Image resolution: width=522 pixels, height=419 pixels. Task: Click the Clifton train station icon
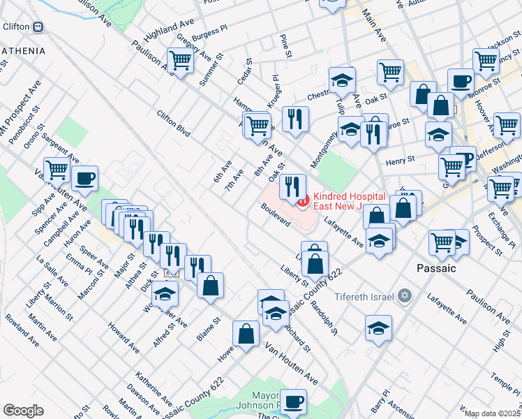coord(38,27)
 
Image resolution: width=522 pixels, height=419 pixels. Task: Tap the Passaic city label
coord(436,268)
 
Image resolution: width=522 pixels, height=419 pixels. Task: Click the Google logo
coord(23,411)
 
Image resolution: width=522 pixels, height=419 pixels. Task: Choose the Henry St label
coord(401,160)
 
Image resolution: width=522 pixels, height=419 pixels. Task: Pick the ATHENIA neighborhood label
coord(24,51)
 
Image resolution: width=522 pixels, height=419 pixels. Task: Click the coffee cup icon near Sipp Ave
coord(84,179)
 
